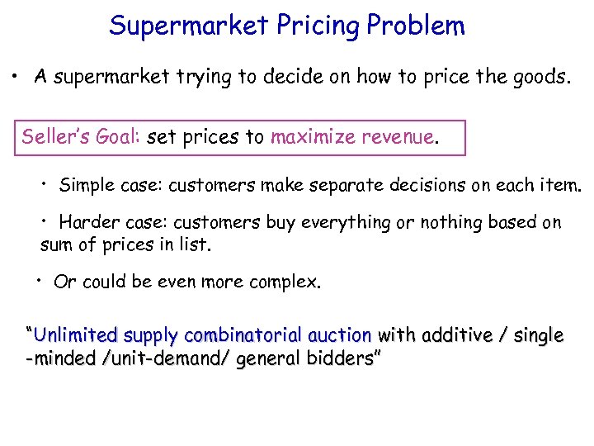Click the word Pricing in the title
pos(304,26)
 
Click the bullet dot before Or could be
pos(39,281)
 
